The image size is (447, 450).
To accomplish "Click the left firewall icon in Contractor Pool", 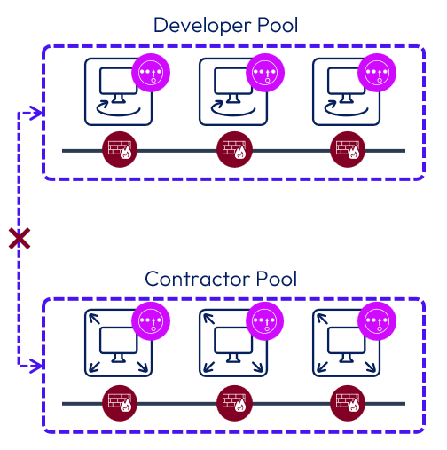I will (x=119, y=403).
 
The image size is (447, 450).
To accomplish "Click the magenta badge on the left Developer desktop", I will (x=150, y=72).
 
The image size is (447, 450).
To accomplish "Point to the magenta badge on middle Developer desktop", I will (x=263, y=72).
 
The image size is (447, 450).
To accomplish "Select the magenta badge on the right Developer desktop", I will (x=376, y=72).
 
